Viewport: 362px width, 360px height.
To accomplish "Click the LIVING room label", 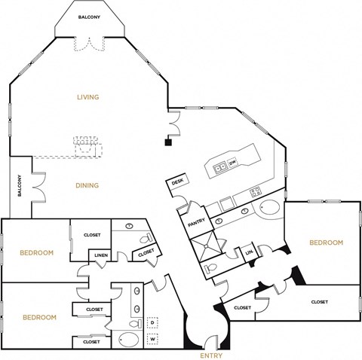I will coord(88,97).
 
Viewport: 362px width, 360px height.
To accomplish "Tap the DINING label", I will coord(87,185).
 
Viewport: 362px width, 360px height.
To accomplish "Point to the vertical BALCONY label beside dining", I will coord(20,186).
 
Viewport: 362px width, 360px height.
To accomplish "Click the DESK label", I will coord(178,182).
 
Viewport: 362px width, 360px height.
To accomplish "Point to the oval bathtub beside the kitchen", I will coord(269,207).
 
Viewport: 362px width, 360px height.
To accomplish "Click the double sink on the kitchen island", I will coord(219,167).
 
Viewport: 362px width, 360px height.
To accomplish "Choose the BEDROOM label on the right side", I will coord(326,243).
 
